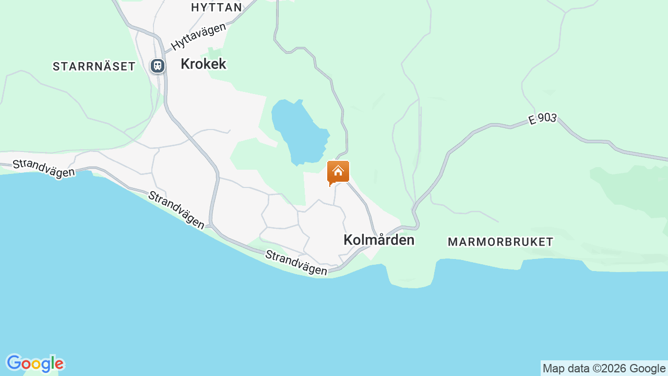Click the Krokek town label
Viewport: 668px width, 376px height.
(x=203, y=64)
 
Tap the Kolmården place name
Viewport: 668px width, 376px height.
(x=379, y=240)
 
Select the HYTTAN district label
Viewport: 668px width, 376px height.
(x=217, y=7)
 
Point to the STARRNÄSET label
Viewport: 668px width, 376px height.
(x=94, y=66)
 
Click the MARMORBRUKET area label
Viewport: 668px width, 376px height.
(x=500, y=242)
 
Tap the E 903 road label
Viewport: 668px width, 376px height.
(x=542, y=119)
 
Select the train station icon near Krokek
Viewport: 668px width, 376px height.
(x=158, y=66)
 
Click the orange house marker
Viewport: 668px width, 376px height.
(x=338, y=172)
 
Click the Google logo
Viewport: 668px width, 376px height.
(x=35, y=363)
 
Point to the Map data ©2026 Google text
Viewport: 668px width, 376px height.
(x=604, y=369)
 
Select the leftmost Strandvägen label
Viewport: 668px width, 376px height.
(x=44, y=168)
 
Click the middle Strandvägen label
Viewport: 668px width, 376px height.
(x=176, y=209)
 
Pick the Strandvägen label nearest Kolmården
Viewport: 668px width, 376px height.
(x=296, y=263)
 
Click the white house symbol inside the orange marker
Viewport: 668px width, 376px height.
(x=338, y=170)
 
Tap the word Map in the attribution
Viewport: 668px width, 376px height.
(x=554, y=369)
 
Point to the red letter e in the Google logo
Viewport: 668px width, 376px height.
(x=59, y=364)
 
